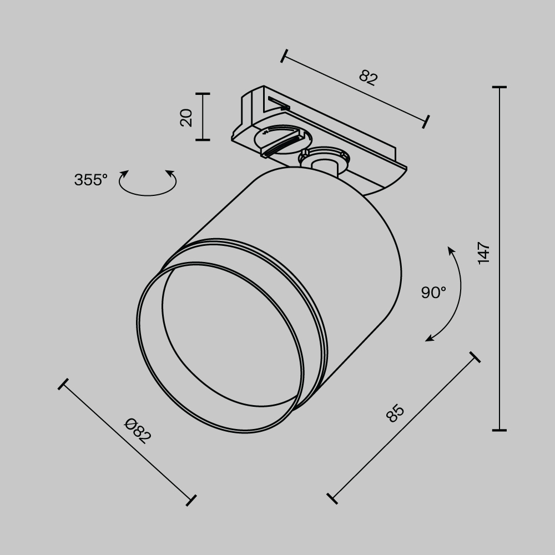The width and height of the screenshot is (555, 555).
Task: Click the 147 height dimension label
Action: (x=484, y=253)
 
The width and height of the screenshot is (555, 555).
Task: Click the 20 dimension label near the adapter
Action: (x=187, y=117)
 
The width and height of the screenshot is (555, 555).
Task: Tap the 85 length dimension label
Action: (x=395, y=413)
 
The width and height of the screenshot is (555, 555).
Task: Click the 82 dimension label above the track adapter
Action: (x=367, y=77)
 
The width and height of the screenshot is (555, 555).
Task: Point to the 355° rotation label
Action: (x=90, y=180)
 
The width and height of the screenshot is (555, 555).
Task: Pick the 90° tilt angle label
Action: (x=433, y=292)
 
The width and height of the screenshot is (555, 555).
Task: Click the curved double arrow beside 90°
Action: (x=452, y=294)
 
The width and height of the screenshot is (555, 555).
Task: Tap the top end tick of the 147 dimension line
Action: (x=499, y=88)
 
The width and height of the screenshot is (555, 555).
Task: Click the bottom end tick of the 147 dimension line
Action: (x=499, y=430)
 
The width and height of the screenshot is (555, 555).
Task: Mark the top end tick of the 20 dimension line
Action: (x=203, y=94)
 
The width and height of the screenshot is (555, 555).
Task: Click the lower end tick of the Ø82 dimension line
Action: (x=191, y=500)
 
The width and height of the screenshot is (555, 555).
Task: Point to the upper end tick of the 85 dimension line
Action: (x=475, y=357)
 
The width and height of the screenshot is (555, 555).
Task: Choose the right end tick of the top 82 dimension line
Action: (x=427, y=122)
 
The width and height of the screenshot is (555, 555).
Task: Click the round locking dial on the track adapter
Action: (x=279, y=139)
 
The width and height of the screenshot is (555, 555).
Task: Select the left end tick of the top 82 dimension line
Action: (x=284, y=56)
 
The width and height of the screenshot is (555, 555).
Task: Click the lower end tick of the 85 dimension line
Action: (x=332, y=498)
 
